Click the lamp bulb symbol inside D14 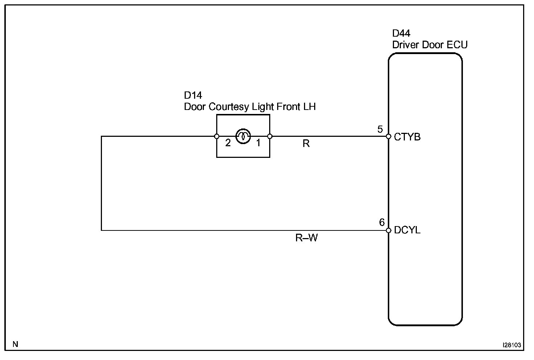(243, 136)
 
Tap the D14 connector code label (193, 95)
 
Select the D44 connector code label (401, 33)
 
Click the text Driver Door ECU (430, 45)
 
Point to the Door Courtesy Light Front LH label (250, 107)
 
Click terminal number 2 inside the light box (228, 143)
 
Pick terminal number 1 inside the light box (258, 143)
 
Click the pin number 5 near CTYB (380, 129)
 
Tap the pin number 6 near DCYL (382, 222)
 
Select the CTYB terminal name (407, 137)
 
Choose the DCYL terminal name (407, 230)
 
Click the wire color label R (306, 144)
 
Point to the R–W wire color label (307, 238)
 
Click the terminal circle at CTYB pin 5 (388, 136)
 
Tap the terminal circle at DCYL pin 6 (388, 230)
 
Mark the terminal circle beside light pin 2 (217, 136)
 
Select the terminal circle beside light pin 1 (270, 136)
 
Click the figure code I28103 (512, 345)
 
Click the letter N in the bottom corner (15, 344)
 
